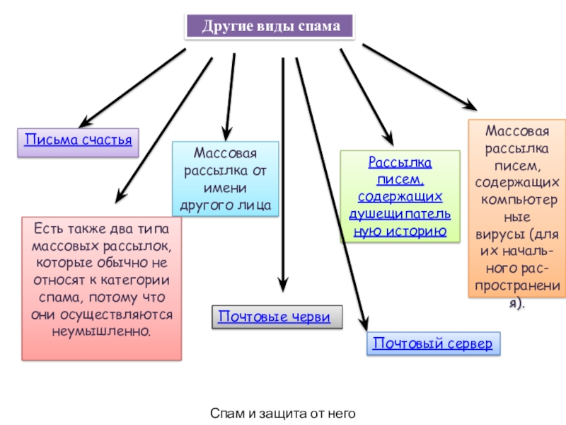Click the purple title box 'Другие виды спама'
[x=270, y=26]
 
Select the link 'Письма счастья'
[x=79, y=140]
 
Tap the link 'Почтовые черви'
[x=275, y=317]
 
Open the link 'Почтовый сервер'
[x=432, y=344]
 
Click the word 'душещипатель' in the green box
[x=400, y=214]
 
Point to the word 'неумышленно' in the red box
[x=101, y=331]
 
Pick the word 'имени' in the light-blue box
[x=225, y=188]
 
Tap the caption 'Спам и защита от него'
[x=282, y=413]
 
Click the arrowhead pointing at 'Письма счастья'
[x=85, y=122]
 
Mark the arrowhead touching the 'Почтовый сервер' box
[x=364, y=323]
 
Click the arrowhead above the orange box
[x=470, y=105]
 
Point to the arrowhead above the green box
[x=388, y=138]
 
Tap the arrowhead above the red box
[x=120, y=196]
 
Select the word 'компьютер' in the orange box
[x=519, y=200]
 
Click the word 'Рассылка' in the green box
[x=400, y=162]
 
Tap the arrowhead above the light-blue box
[x=226, y=134]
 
